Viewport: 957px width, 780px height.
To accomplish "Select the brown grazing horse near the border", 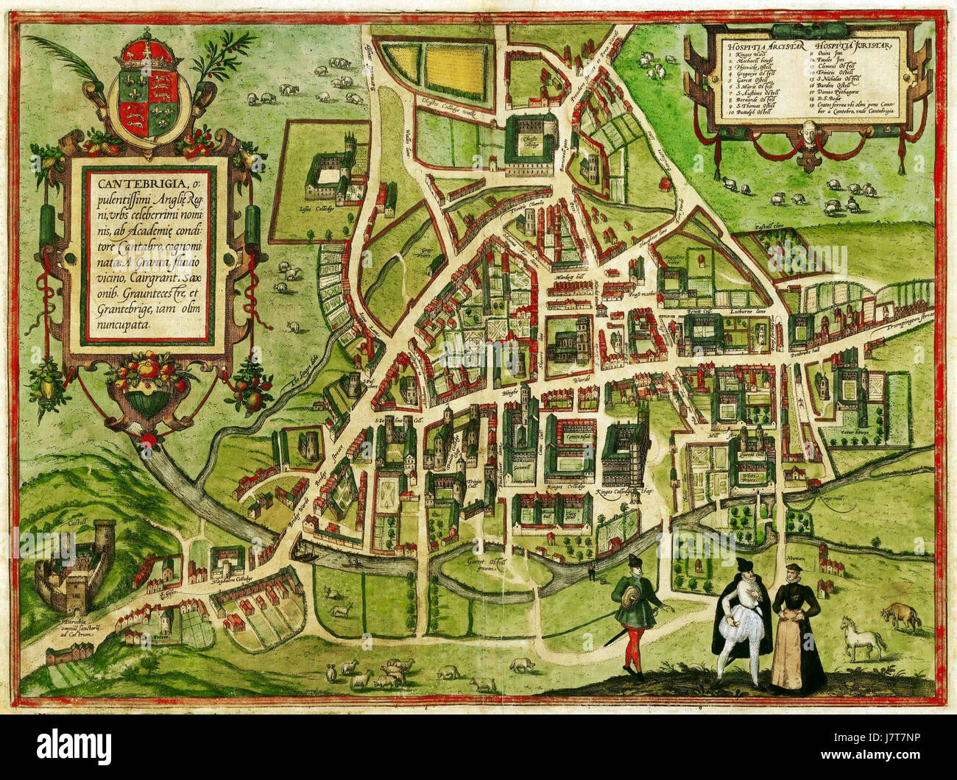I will coord(904,615).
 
